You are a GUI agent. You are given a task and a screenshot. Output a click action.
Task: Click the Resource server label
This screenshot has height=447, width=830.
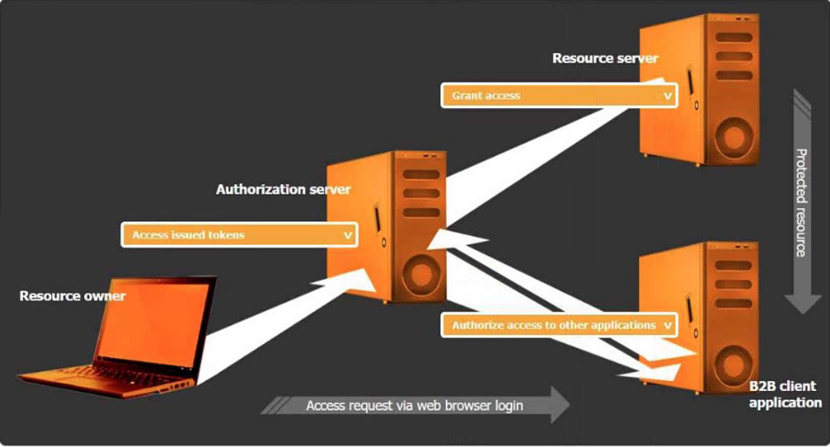point(605,59)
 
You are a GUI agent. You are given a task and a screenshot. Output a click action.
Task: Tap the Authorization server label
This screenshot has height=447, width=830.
point(283,190)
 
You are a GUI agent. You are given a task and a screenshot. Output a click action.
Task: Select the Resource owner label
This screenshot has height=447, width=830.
point(73,295)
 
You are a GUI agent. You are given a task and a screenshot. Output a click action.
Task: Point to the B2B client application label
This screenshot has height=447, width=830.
point(784,394)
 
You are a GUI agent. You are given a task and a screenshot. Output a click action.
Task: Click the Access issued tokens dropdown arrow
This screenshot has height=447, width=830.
point(348,235)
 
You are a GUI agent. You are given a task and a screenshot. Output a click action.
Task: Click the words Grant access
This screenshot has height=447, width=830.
point(485,96)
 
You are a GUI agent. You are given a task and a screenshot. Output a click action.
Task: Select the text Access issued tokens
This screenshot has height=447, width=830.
point(188,235)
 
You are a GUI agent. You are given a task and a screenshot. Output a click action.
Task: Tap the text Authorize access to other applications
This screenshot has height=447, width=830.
point(553,325)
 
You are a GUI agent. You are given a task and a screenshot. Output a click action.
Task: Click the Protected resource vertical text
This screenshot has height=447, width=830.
point(800,202)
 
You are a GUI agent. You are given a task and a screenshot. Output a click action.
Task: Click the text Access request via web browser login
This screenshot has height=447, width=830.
point(414,406)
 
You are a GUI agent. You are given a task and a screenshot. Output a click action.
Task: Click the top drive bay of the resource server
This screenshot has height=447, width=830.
point(734,38)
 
